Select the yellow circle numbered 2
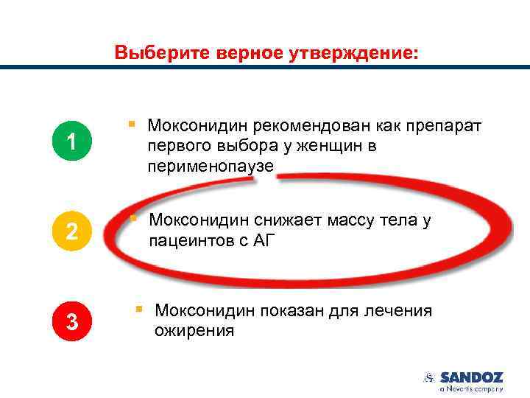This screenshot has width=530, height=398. (x=71, y=231)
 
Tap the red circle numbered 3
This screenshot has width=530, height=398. (x=71, y=321)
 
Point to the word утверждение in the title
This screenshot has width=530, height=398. (x=353, y=54)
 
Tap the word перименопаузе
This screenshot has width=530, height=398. (x=210, y=167)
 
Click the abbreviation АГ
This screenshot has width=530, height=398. (x=261, y=240)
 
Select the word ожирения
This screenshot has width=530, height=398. (x=194, y=331)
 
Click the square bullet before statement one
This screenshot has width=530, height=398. (x=130, y=125)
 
